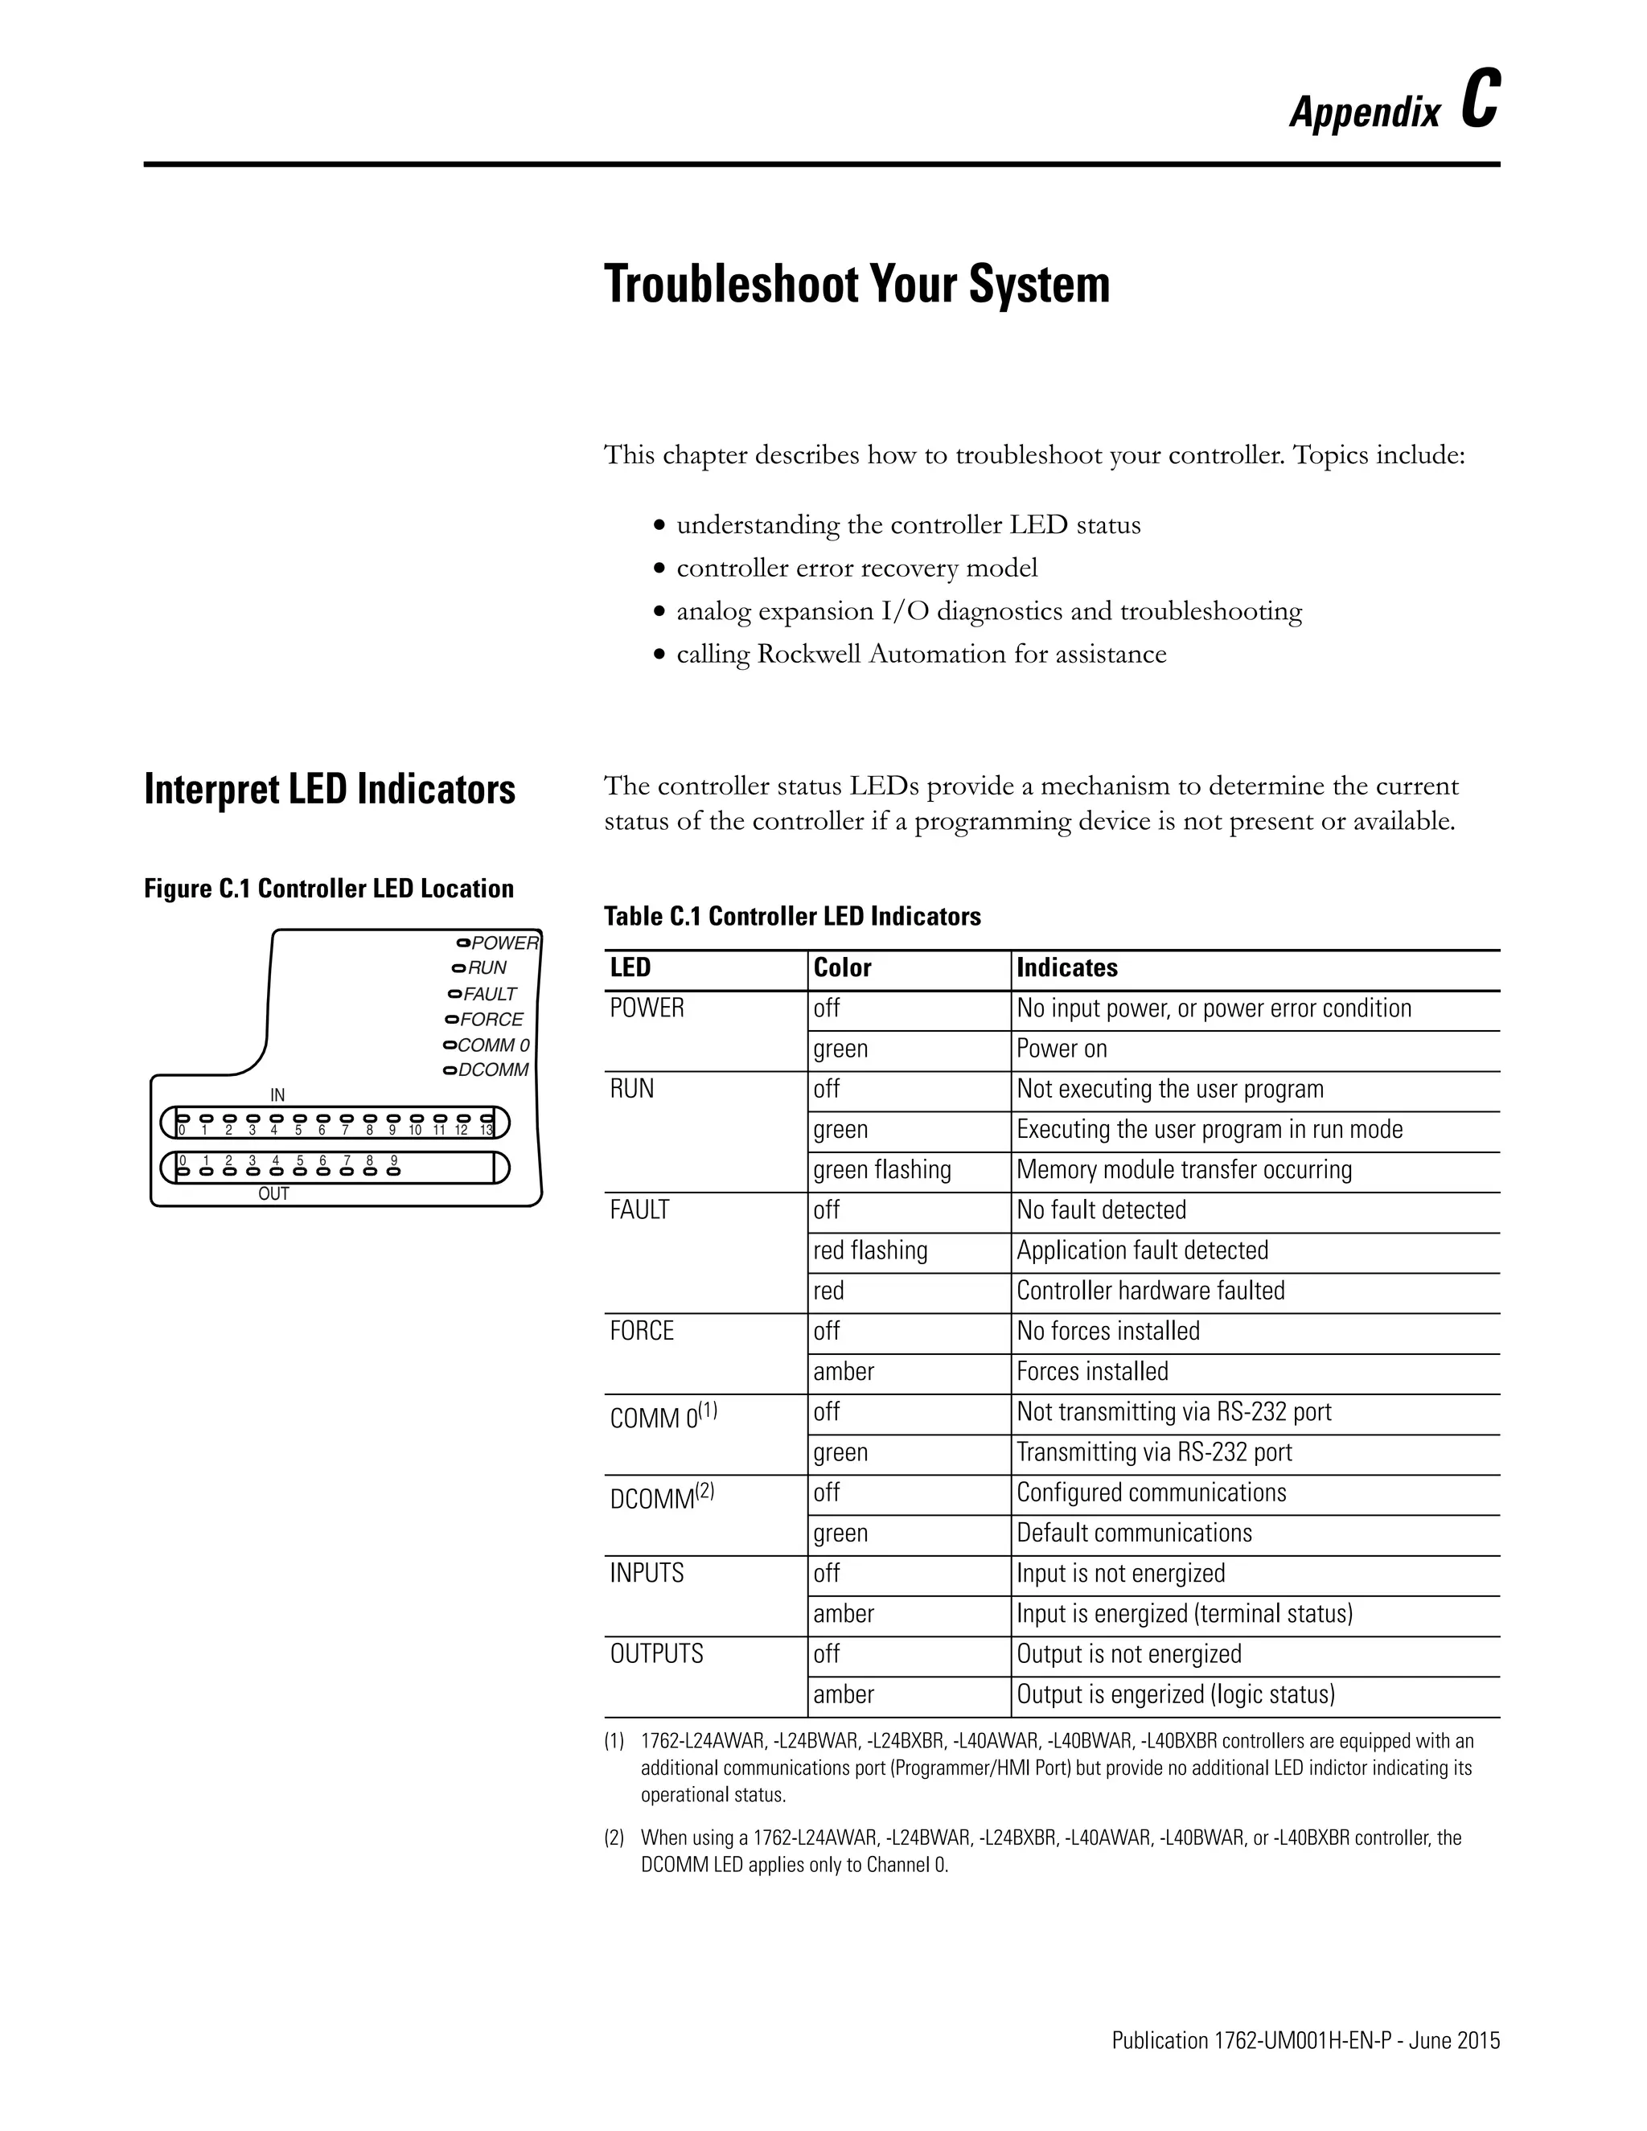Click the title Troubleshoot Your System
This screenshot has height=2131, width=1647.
pos(856,285)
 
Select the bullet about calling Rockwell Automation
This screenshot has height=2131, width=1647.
pos(920,654)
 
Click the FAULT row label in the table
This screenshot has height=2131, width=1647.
pos(639,1210)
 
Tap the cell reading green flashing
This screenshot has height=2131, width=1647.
pos(882,1169)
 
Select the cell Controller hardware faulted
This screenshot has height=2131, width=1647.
pos(1150,1290)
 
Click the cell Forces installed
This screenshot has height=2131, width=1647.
pos(1092,1371)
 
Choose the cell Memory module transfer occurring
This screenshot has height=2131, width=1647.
pos(1184,1169)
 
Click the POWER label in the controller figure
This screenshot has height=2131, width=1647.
pos(504,942)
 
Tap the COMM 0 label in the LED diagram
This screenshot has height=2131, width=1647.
pos(493,1045)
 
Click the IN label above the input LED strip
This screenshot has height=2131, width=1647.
pos(277,1094)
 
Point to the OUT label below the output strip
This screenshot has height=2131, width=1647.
pos(273,1193)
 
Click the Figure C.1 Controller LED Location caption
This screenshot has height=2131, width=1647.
pos(329,888)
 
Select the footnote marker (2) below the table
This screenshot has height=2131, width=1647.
pos(614,1837)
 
